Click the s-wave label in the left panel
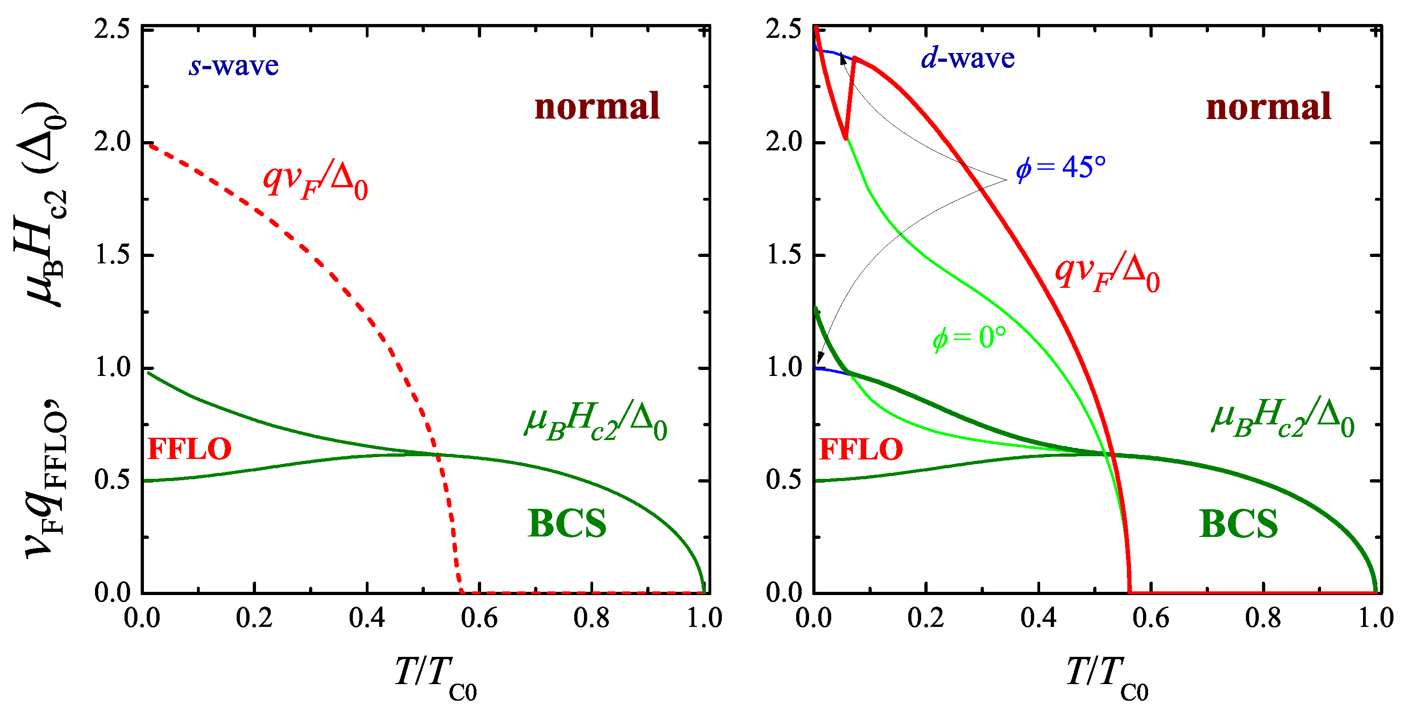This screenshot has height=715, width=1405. click(233, 66)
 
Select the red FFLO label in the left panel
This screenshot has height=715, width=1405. click(190, 449)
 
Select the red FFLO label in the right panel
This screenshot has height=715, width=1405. click(861, 449)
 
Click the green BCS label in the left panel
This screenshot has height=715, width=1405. click(567, 524)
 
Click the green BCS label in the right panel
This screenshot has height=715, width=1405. click(1238, 524)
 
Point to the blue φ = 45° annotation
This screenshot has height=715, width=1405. click(1060, 167)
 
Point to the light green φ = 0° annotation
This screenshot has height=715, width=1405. click(969, 338)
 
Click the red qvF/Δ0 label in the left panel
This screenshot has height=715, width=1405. click(315, 182)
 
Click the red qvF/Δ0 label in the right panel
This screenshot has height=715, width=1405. click(1107, 274)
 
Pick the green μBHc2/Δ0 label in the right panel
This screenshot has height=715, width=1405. click(1283, 419)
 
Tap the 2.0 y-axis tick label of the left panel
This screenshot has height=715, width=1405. click(113, 143)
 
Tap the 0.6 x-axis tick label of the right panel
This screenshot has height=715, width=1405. click(1151, 618)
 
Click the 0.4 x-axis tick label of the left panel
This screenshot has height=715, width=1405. click(367, 618)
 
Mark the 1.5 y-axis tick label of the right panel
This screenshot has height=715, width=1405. click(784, 255)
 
